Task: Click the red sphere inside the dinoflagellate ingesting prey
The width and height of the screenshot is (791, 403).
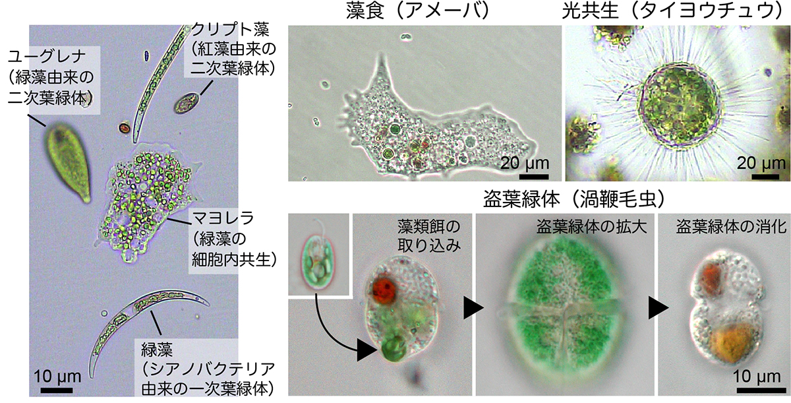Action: coord(384,288)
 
